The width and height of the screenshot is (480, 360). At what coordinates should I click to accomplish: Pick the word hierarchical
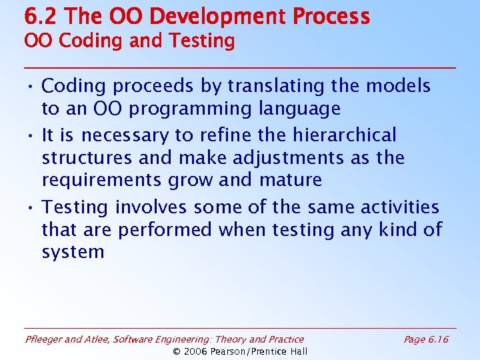coord(345,135)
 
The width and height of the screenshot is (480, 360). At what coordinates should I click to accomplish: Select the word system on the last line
coord(73,253)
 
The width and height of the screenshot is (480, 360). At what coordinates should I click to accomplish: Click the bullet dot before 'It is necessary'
coord(31,136)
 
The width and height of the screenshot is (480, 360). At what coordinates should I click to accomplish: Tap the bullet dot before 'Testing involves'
coord(31,208)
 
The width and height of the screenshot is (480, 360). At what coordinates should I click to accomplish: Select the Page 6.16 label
coord(426,340)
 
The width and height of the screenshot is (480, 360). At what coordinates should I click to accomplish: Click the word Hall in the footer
coord(297,351)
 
